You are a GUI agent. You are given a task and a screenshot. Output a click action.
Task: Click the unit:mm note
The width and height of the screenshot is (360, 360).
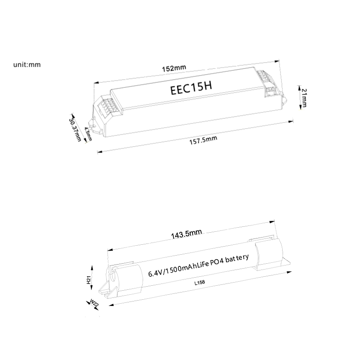27,64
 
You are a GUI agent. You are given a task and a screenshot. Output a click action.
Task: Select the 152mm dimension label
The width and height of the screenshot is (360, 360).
174,68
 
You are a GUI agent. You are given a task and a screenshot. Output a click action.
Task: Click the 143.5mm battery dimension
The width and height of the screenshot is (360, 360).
186,233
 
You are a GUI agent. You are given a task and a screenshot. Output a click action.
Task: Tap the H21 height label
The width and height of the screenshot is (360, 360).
89,280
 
